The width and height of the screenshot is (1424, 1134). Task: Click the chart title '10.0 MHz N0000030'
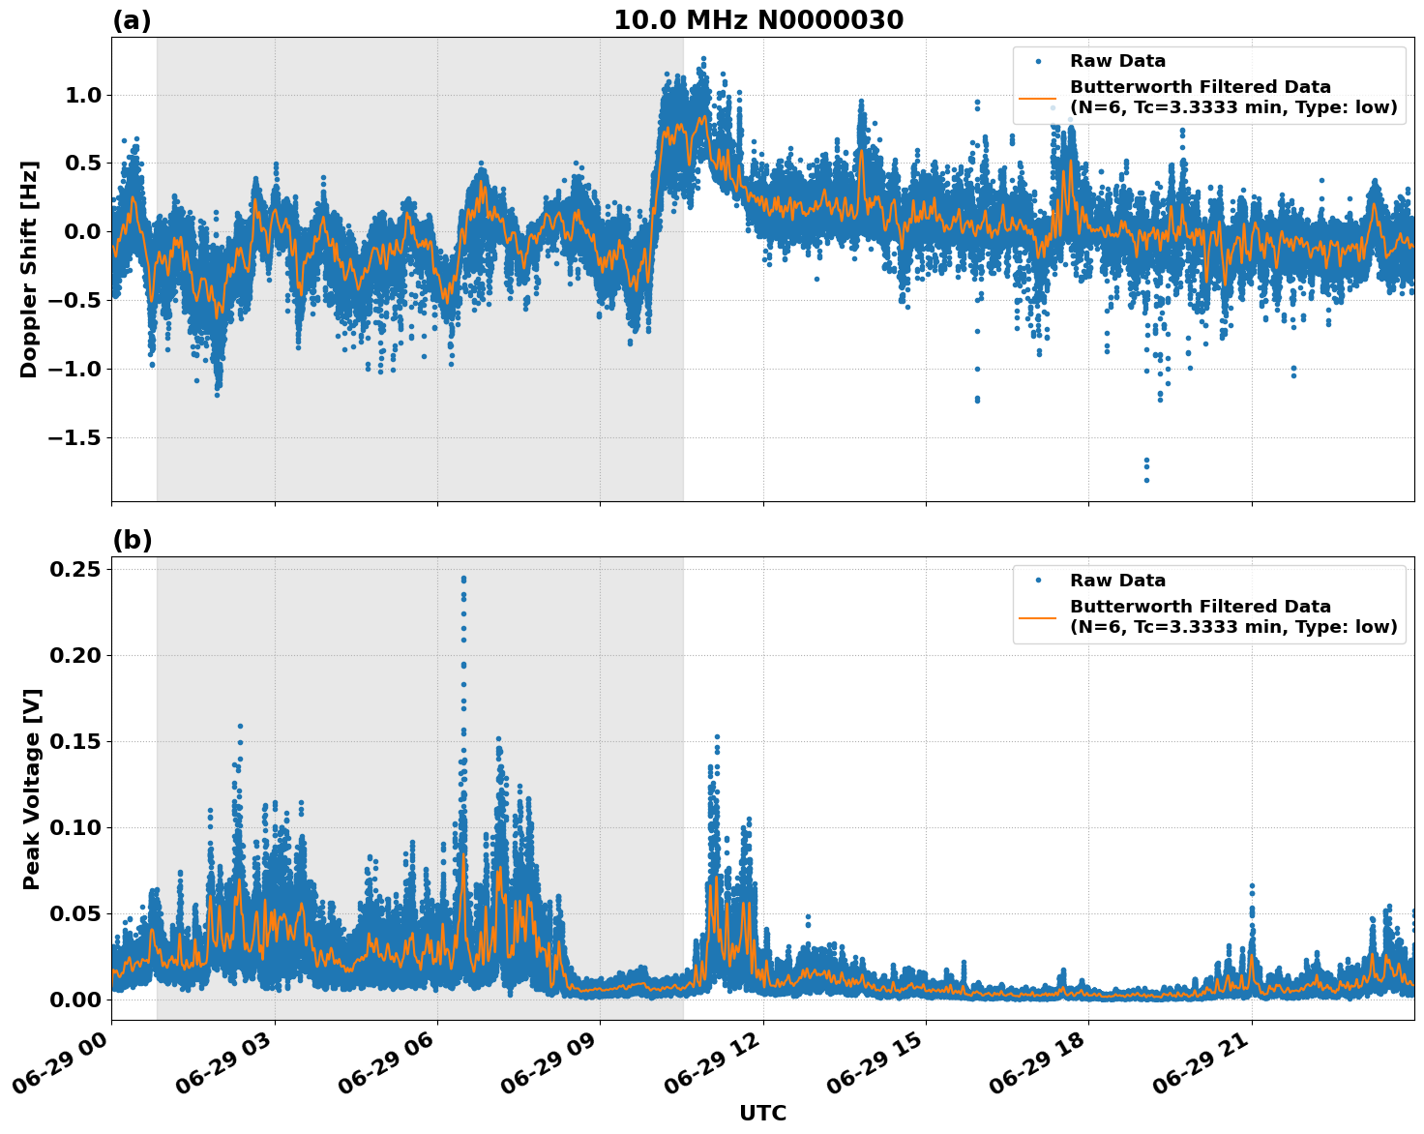coord(758,20)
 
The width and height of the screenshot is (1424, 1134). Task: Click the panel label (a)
coord(132,20)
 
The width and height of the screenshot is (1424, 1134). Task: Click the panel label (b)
coord(132,540)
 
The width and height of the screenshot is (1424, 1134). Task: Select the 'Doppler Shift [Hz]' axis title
coord(29,269)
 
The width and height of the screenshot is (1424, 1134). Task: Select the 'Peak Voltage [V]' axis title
coord(31,789)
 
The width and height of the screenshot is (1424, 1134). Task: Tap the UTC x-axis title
coord(762,1113)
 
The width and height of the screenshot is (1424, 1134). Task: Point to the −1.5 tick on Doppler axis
coord(74,437)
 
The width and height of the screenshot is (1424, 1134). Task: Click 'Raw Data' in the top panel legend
coord(1117,61)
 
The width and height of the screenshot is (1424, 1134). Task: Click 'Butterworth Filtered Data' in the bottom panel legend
coord(1200,607)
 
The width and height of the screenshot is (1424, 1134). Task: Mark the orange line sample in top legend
coord(1037,98)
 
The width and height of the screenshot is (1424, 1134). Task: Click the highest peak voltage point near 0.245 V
coord(463,579)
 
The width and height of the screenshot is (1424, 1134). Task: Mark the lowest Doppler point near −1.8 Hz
coord(1146,480)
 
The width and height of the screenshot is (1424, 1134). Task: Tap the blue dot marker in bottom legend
coord(1037,581)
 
